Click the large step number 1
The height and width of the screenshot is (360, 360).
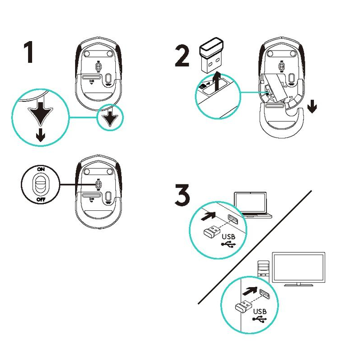(29, 52)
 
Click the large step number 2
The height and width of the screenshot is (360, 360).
(182, 56)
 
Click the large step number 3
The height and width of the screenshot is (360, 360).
(182, 195)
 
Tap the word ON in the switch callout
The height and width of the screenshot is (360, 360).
(41, 169)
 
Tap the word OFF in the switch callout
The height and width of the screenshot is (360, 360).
(41, 199)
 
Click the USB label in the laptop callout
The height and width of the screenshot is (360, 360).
(229, 237)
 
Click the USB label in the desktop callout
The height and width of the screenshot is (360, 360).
(260, 311)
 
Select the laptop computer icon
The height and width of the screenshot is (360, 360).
(252, 205)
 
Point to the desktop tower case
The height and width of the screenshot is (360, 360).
(263, 269)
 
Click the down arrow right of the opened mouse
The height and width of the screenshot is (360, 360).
(312, 106)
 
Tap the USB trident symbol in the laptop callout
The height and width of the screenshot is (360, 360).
(228, 244)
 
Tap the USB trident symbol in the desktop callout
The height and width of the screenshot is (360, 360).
(260, 319)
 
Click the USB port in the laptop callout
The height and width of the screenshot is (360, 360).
(233, 219)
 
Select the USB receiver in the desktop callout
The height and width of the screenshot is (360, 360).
(243, 307)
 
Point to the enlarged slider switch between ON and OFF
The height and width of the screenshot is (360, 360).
(41, 184)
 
